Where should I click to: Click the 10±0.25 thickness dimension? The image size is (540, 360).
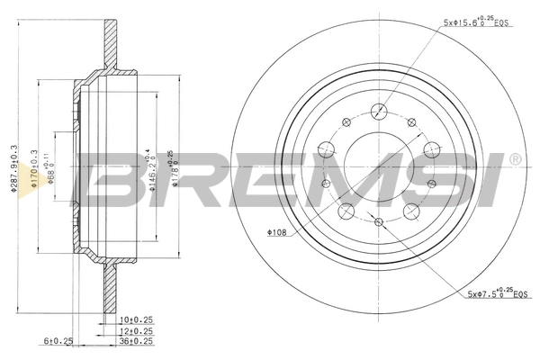pos(136,319)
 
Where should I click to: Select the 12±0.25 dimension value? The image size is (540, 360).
pos(136,330)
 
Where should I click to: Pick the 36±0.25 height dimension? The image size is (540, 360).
pos(136,341)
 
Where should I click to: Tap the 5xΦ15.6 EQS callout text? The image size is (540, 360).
pos(483,22)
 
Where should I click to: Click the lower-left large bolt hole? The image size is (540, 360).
pos(346,212)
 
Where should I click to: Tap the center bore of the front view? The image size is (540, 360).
pos(379,167)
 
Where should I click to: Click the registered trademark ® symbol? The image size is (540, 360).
pos(514,159)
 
